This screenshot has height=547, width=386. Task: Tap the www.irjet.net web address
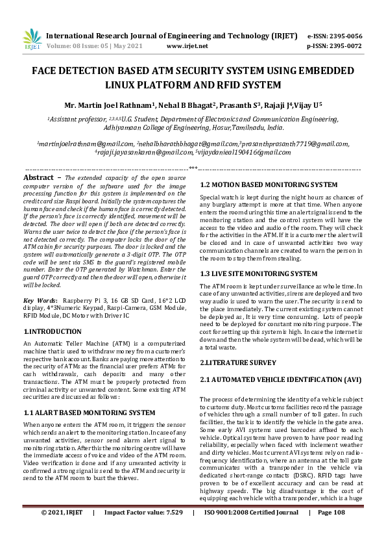point(187,46)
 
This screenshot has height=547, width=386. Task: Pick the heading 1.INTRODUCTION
point(53,331)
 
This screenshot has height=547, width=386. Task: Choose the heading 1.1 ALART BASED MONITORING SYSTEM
point(89,412)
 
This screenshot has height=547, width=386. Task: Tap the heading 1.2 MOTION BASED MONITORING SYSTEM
point(259,185)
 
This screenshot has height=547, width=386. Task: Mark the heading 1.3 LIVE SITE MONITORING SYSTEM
point(249,273)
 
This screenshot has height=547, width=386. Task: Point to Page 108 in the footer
point(331,530)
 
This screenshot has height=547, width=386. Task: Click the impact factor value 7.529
point(170,530)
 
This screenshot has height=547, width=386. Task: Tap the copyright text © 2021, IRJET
point(62,530)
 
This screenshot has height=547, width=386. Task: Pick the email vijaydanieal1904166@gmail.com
point(244,151)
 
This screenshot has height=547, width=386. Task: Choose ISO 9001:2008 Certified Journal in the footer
point(251,530)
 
